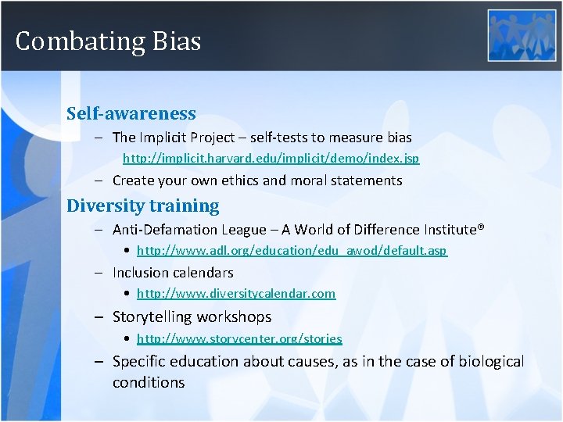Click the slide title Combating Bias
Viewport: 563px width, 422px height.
click(x=108, y=41)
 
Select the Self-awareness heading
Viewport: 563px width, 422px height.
click(x=131, y=113)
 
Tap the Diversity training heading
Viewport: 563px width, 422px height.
click(x=142, y=206)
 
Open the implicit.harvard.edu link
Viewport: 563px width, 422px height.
click(x=271, y=159)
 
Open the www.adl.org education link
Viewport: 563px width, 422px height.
click(x=292, y=251)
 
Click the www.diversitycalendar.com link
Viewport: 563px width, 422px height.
click(x=235, y=294)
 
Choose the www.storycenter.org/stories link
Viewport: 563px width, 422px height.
click(x=239, y=338)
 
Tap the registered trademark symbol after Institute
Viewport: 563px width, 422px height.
click(x=481, y=227)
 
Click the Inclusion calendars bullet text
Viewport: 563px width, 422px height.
click(x=173, y=273)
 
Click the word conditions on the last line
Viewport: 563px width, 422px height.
click(x=149, y=382)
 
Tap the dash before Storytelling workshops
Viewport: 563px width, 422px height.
click(x=99, y=317)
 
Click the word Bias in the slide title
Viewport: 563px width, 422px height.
click(x=176, y=41)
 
